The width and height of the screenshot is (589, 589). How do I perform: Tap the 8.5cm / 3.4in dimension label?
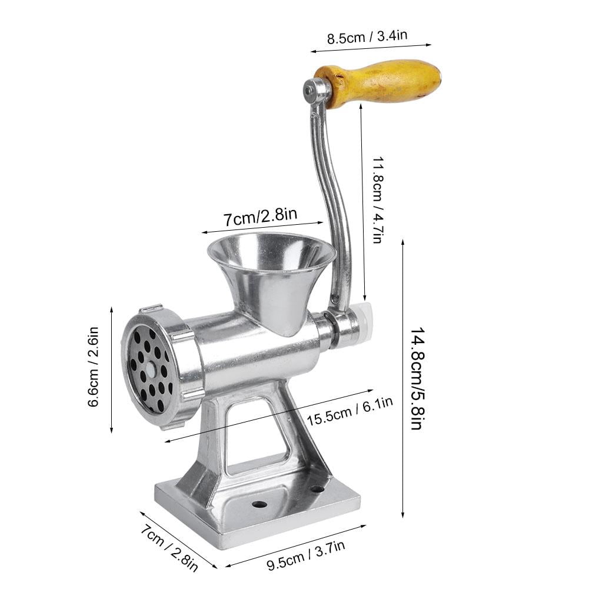click(367, 37)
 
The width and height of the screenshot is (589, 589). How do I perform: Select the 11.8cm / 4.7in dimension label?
click(378, 199)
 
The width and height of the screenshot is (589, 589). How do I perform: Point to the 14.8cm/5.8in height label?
click(417, 378)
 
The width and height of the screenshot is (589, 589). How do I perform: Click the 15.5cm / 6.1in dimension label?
click(350, 411)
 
